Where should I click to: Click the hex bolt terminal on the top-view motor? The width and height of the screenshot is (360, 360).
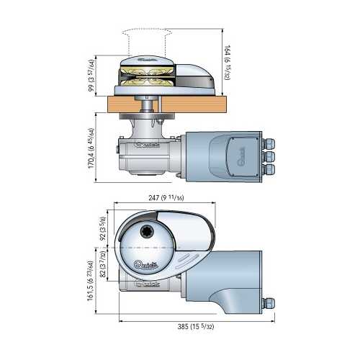[270, 303]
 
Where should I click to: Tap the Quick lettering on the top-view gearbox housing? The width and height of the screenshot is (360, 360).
[148, 286]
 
